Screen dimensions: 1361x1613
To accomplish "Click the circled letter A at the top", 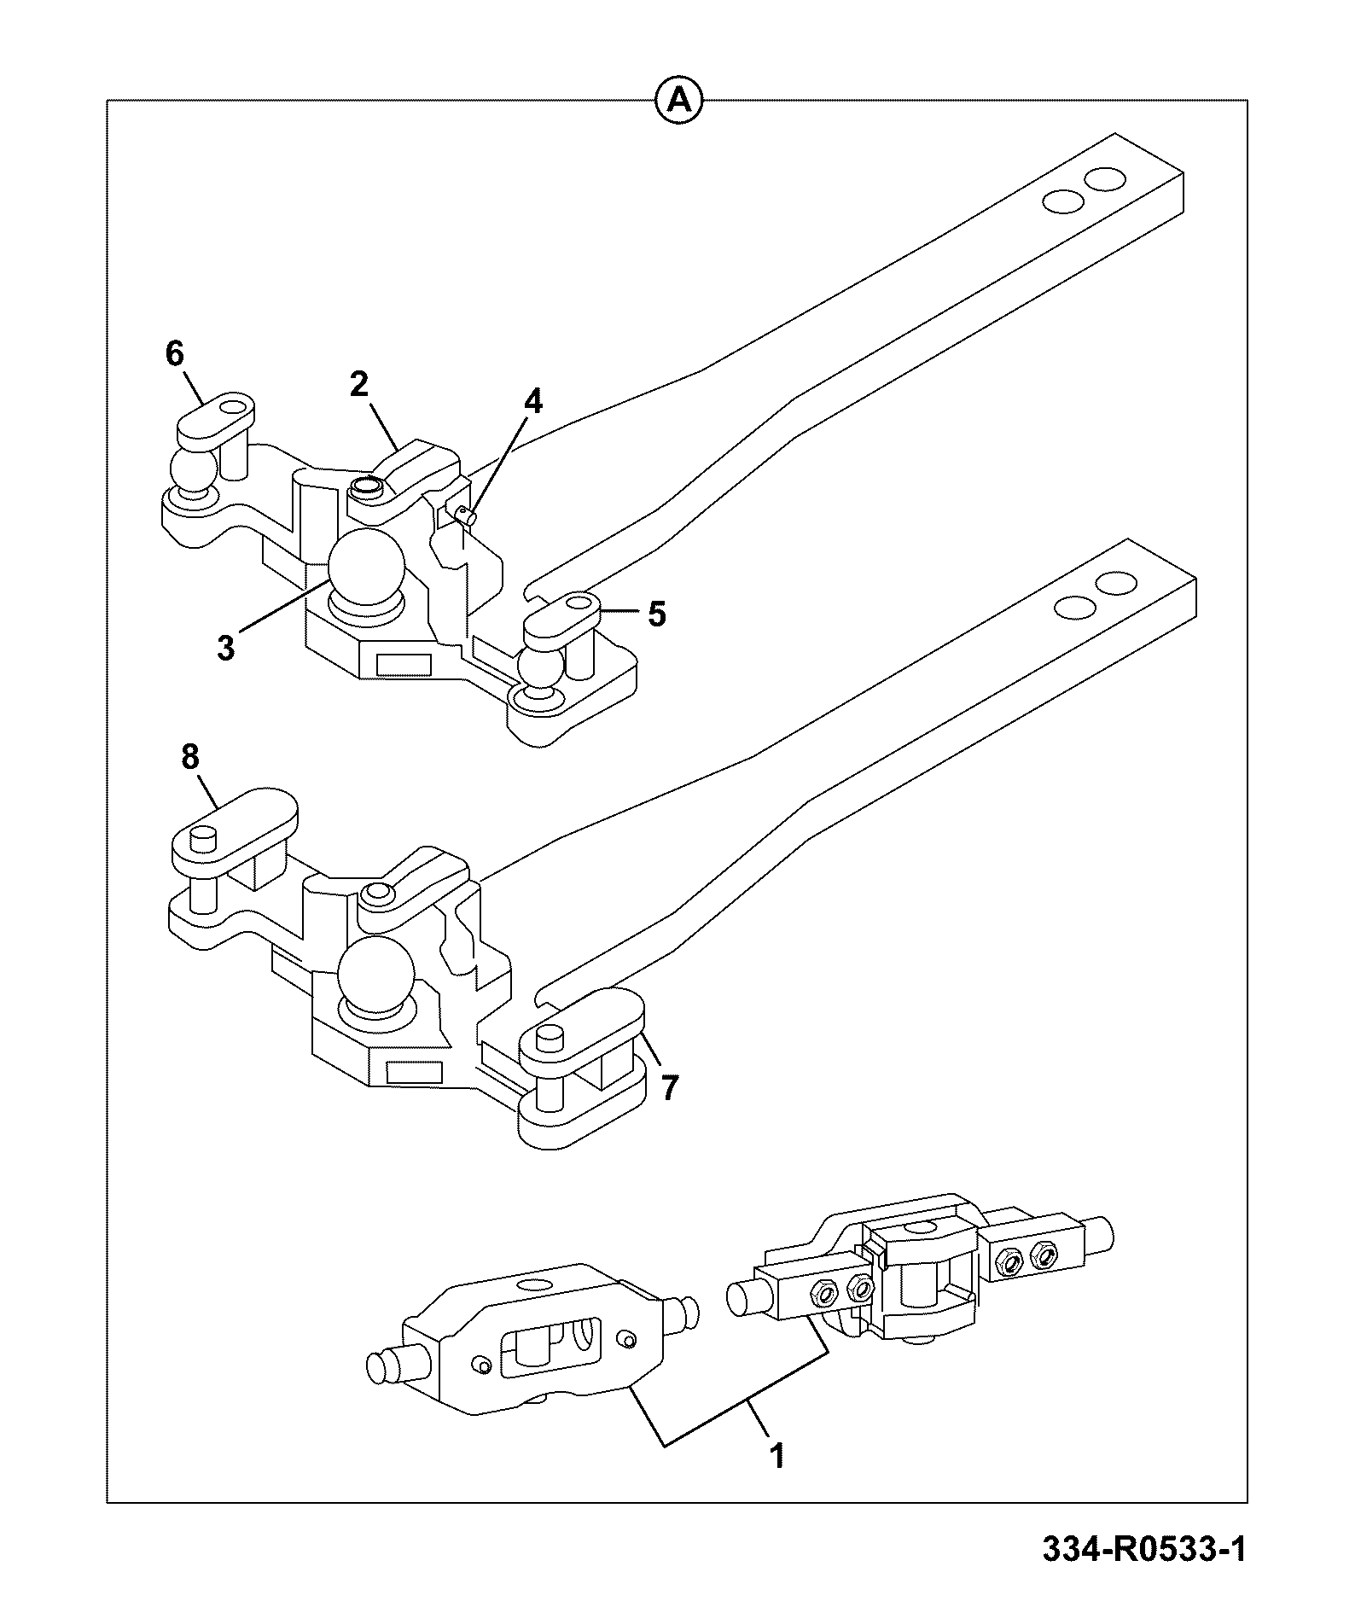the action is point(678,101).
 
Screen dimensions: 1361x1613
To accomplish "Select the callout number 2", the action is point(358,385).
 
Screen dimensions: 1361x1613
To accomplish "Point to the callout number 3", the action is point(224,648).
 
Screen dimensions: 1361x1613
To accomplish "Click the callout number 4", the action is point(532,400).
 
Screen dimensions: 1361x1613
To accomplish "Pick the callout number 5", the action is point(656,614).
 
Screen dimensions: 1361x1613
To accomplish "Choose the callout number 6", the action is point(174,353).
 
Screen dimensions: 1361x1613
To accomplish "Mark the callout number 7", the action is point(670,1087).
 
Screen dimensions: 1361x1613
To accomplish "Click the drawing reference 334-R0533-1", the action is point(1144,1549).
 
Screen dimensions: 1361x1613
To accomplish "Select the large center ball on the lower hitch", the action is point(375,973).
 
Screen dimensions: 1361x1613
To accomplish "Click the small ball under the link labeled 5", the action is point(542,667).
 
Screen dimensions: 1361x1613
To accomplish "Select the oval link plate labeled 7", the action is point(585,1029).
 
